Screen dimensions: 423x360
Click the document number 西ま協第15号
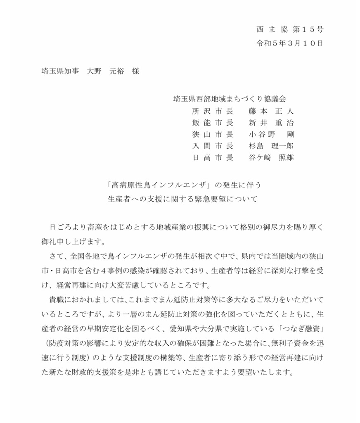pos(290,29)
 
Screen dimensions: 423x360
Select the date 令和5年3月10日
pos(290,43)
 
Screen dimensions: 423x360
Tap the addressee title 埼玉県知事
pos(58,71)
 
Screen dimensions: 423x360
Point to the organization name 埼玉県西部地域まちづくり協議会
pos(230,99)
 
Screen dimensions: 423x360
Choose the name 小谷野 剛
pos(271,134)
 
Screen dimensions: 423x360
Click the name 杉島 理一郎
pos(271,146)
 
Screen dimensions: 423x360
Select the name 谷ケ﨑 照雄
pos(271,157)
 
